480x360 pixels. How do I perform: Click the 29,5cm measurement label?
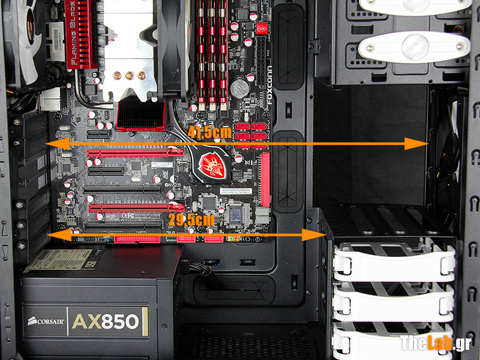pos(191,220)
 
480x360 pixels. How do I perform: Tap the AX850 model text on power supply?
pos(109,322)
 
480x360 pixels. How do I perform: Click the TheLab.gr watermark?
pos(436,343)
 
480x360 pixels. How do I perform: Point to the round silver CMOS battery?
pos(241,89)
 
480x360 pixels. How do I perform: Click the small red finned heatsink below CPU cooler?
pos(140,115)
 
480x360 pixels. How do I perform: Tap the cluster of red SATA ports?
pos(251,136)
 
